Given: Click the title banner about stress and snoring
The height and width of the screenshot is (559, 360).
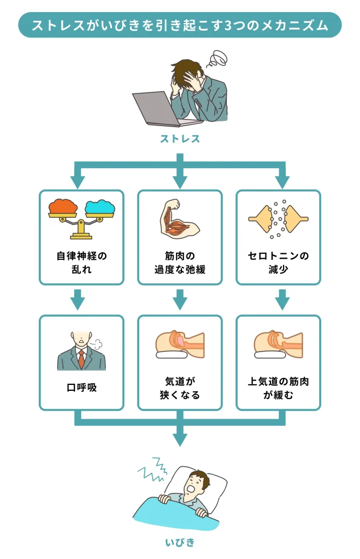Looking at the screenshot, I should pos(180,26).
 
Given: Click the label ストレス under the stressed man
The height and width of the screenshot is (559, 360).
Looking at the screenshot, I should pos(180,139).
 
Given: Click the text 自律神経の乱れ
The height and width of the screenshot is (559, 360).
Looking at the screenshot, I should pos(81,263).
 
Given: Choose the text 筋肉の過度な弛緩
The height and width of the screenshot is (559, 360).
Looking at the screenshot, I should pos(180,263).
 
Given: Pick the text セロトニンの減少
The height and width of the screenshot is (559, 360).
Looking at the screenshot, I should pos(278,263).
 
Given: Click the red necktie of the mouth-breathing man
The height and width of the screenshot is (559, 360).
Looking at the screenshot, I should pos(81,359).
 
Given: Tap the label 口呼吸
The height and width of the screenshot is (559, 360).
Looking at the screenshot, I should pos(81,388).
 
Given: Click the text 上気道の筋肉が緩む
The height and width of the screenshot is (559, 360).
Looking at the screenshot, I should pos(278,388).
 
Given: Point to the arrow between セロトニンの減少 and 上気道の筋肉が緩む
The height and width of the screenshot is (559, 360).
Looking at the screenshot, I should pos(281,299).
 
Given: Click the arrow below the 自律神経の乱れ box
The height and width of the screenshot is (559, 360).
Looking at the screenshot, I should pos(78,299).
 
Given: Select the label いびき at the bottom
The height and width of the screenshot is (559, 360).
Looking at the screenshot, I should pos(180,543).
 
